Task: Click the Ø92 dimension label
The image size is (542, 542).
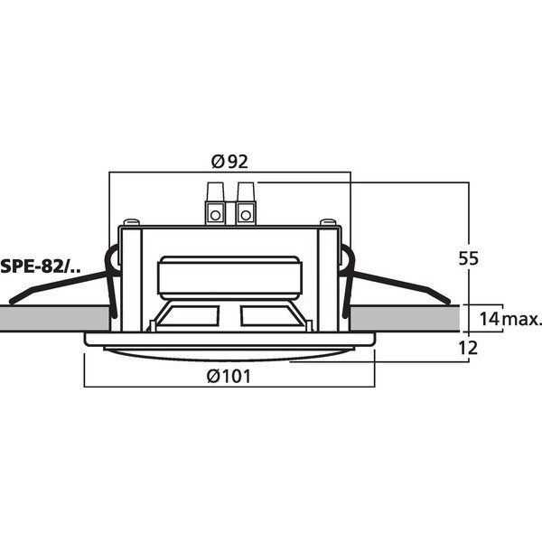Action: coord(229,162)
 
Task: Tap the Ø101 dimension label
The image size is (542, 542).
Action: coord(229,376)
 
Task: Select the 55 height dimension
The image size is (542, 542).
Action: coord(468,258)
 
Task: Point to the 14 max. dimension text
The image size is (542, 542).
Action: coord(510,319)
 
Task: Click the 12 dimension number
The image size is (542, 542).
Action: coord(468,348)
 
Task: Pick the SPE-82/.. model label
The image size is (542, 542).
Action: coord(41,266)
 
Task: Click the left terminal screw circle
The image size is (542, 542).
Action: coord(215,215)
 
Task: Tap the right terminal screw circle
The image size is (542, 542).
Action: coord(246,215)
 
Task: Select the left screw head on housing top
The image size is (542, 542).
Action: coord(132,221)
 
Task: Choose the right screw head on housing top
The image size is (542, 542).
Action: coord(328,221)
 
